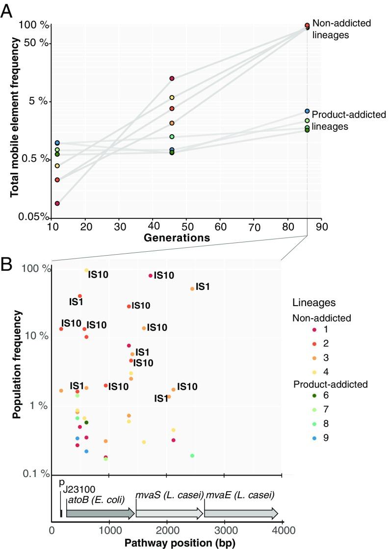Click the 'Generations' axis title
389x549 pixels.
point(178,238)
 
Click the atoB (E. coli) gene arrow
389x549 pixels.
point(100,513)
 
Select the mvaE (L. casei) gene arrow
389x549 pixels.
point(241,513)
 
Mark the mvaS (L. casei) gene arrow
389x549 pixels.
point(169,513)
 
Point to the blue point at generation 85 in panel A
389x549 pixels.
point(307,112)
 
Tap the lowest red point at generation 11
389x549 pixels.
point(57,203)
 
